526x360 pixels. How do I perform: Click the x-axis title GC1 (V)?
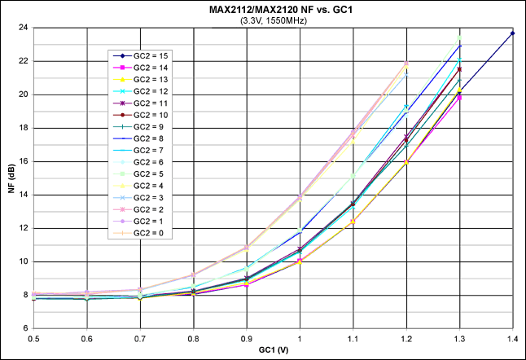tap(273, 352)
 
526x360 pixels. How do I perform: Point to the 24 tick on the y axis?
tap(24, 28)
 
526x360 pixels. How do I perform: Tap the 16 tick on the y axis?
tap(24, 128)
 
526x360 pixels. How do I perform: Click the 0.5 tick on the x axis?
tap(33, 338)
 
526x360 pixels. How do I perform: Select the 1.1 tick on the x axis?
tap(353, 338)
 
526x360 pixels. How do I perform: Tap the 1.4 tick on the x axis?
tap(512, 338)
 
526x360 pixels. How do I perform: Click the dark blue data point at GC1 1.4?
tap(512, 33)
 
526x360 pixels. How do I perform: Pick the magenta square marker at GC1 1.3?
tap(459, 98)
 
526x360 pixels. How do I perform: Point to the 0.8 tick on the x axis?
tap(193, 338)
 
